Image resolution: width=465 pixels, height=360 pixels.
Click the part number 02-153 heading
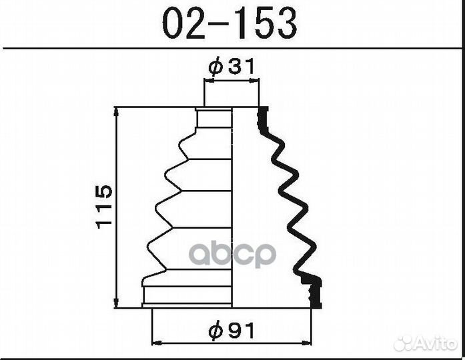coord(229,23)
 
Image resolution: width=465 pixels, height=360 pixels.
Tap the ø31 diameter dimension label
coord(231,66)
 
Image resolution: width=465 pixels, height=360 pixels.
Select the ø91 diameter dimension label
coord(231,331)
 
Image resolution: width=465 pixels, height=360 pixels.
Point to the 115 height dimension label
coord(104,207)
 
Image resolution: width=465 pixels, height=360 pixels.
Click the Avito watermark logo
coord(425,344)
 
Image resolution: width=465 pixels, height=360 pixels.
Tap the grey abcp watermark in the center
coord(232,255)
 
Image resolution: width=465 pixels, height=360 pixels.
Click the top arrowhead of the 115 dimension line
coord(116,111)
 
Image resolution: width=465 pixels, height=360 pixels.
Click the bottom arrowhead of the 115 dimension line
coord(116,303)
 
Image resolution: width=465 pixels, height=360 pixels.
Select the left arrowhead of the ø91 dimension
coord(157,343)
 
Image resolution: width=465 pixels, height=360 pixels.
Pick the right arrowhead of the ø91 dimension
coord(307,343)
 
